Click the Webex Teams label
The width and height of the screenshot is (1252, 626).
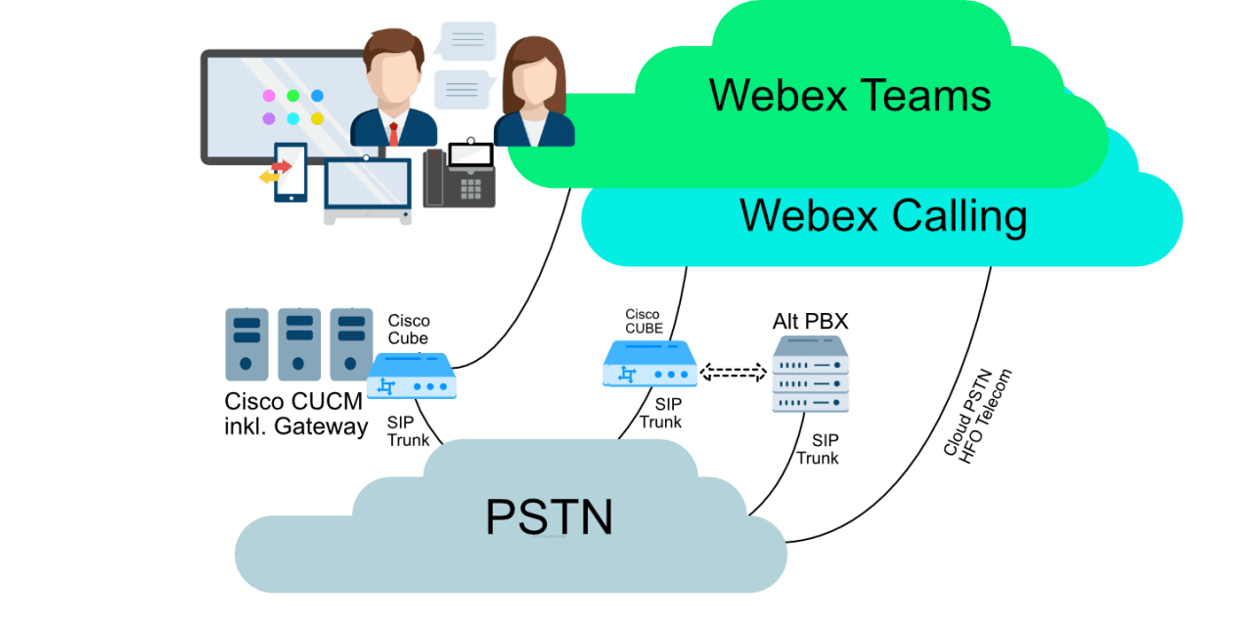(x=850, y=96)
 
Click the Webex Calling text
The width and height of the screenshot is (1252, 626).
(x=882, y=215)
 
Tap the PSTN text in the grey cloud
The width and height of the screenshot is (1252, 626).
(x=549, y=515)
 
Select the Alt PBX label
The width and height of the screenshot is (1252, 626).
(x=810, y=322)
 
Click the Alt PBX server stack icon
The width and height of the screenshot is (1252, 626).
(x=810, y=375)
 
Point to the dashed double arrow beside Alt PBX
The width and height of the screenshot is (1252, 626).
(x=734, y=373)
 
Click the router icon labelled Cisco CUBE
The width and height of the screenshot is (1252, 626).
(x=649, y=363)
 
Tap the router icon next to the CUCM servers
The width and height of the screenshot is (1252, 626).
(x=412, y=376)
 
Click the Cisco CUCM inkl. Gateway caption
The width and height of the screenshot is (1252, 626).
(x=295, y=414)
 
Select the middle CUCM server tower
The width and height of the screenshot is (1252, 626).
(x=298, y=344)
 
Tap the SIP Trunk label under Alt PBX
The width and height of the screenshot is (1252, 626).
(x=818, y=449)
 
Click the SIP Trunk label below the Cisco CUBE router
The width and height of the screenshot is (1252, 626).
(x=661, y=413)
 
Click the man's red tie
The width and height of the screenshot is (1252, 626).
(x=393, y=134)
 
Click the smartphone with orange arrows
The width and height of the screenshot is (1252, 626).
(x=290, y=173)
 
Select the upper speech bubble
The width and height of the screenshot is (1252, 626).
(x=468, y=41)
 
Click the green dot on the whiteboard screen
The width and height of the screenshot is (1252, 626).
(x=292, y=96)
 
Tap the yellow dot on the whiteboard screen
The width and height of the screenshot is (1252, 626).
(x=317, y=119)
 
